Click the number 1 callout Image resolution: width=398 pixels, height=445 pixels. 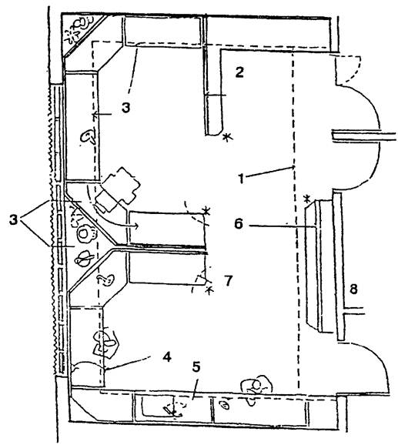[241, 179]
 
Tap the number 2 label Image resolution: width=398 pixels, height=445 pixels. [239, 72]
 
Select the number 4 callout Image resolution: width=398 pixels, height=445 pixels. [167, 356]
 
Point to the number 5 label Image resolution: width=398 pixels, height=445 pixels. [196, 366]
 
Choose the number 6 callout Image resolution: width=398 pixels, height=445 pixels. [239, 224]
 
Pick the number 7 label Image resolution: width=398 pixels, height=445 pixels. [229, 281]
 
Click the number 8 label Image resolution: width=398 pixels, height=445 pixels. [353, 289]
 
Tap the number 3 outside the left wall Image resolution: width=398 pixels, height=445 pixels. [13, 220]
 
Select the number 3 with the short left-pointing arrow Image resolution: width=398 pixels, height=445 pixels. [125, 108]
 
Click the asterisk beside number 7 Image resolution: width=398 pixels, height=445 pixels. [209, 290]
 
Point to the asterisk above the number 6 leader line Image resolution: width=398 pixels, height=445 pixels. [307, 199]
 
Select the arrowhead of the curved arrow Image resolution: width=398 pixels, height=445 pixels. [136, 226]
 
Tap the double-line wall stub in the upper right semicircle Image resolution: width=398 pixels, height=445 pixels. [363, 137]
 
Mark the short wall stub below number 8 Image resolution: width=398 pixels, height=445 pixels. [354, 311]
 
